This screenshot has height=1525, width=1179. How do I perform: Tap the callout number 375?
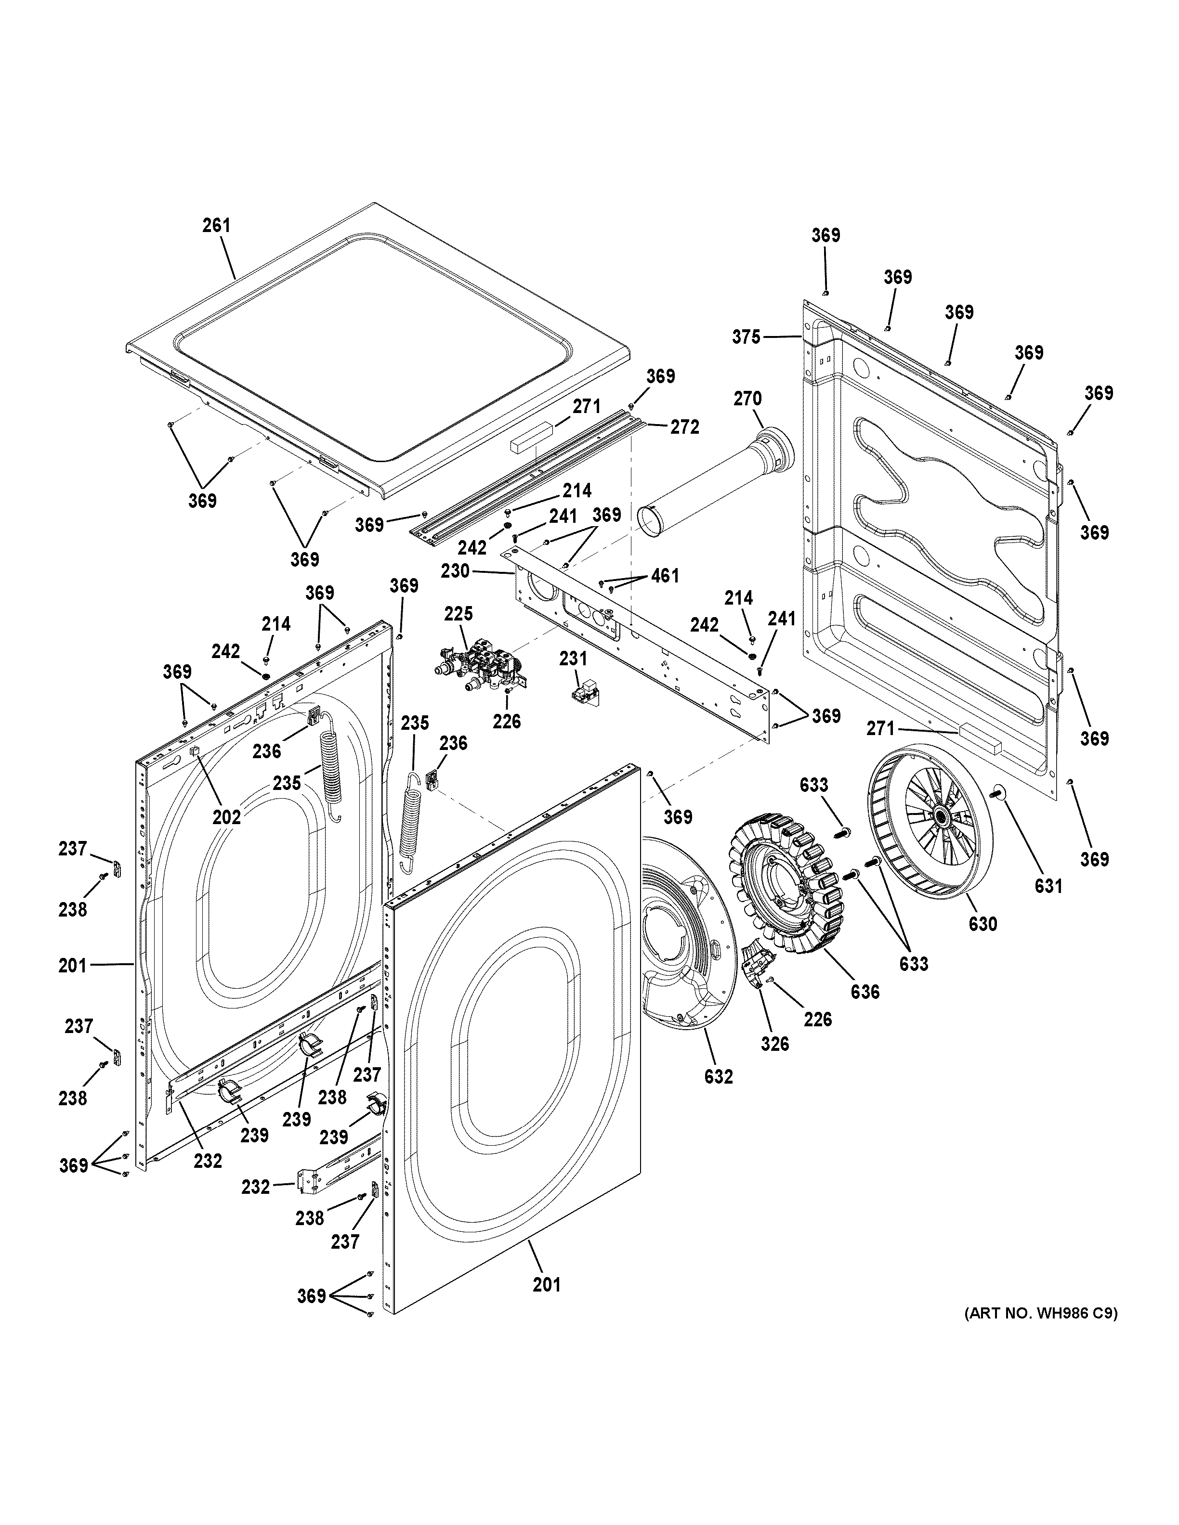pos(746,337)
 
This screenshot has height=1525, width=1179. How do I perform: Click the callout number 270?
pos(747,399)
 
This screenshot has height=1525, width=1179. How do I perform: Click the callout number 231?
pos(574,659)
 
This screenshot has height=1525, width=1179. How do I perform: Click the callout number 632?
pos(719,1076)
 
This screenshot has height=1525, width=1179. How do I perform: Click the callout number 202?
pos(226,816)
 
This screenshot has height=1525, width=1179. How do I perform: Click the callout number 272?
pos(684,426)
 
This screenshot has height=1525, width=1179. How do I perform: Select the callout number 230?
pos(456,570)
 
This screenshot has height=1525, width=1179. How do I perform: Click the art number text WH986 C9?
pos(1041,1313)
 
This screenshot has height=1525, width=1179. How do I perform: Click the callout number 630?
pos(982,924)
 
